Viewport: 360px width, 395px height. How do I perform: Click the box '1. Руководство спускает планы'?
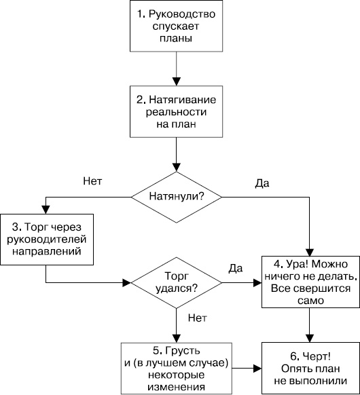point(177,26)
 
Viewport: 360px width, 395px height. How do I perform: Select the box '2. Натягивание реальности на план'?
point(177,111)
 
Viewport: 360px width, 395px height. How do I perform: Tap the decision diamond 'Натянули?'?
point(177,196)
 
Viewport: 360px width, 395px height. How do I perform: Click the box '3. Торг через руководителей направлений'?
point(46,239)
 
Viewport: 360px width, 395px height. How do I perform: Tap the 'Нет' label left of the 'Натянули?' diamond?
point(92,182)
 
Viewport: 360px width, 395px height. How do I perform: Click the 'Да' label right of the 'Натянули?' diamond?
point(261,183)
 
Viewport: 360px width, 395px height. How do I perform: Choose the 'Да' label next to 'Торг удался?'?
point(236,268)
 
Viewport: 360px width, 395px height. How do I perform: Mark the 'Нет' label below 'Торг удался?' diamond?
point(197,316)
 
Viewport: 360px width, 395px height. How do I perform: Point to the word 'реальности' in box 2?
point(177,111)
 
